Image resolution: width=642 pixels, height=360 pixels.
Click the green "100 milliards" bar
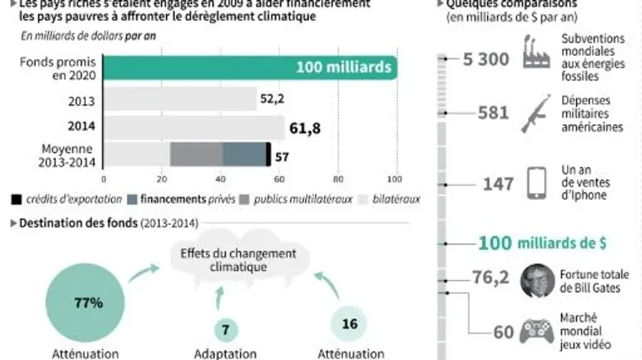coord(250,68)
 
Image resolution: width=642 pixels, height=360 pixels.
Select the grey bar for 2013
coord(180,100)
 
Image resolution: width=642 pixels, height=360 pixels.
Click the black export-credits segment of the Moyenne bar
coord(268,155)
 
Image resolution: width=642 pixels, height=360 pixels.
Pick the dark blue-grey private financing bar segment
coord(243,155)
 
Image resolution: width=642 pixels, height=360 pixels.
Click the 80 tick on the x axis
coord(338,178)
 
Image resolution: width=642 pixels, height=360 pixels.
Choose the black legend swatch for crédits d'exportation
coord(16,199)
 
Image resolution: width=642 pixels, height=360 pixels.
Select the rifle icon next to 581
coord(534,114)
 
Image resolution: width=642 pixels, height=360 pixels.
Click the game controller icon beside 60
coord(536,331)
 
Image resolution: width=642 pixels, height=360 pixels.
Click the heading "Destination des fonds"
coord(78,223)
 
